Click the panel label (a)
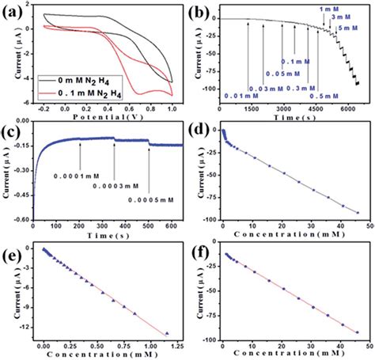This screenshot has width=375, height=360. pos(13,9)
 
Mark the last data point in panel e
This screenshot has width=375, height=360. pos(167,333)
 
